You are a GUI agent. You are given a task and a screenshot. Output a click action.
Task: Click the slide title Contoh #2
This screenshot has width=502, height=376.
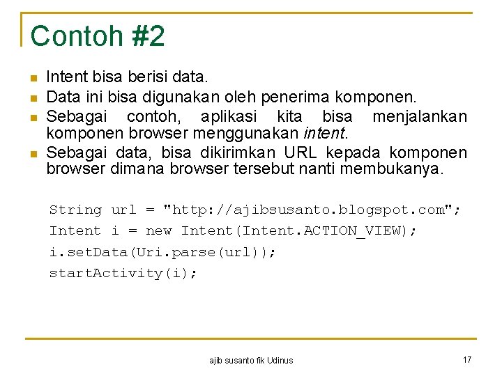[x=98, y=36]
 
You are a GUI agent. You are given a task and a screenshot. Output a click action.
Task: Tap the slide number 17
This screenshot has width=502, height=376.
[x=467, y=359]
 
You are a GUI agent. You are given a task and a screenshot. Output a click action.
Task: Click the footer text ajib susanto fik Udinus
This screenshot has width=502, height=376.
[x=251, y=360]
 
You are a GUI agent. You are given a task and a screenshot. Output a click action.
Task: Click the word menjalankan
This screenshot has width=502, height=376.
[x=420, y=115]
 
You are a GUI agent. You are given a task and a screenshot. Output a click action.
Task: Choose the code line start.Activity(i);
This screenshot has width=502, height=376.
[x=123, y=273]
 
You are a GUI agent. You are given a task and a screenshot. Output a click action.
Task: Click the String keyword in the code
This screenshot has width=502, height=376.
[x=75, y=210]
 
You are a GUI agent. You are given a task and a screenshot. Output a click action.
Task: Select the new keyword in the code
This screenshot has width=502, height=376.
[x=159, y=230]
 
